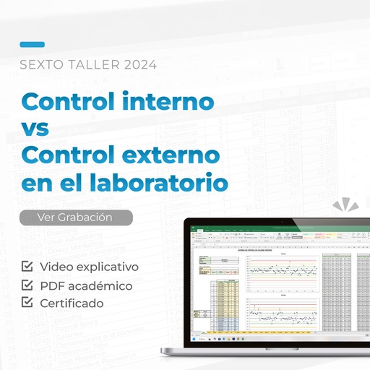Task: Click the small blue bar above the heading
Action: pyautogui.click(x=32, y=44)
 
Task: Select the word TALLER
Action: pyautogui.click(x=93, y=64)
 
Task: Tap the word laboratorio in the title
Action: pyautogui.click(x=156, y=181)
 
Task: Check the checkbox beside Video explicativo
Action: pyautogui.click(x=28, y=267)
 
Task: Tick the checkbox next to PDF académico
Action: pyautogui.click(x=28, y=285)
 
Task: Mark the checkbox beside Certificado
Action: pyautogui.click(x=28, y=302)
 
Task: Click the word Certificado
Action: pyautogui.click(x=72, y=303)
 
